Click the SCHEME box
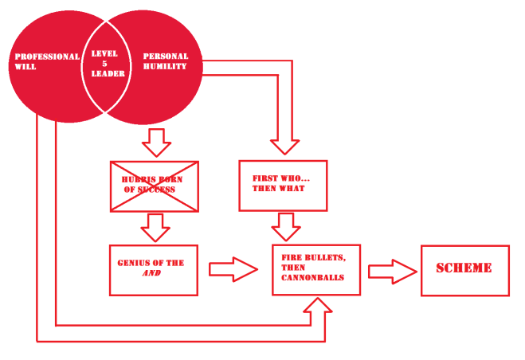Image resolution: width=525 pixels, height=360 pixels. click(x=464, y=270)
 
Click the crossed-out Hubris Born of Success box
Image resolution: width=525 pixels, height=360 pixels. click(x=154, y=186)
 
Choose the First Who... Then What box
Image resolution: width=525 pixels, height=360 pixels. click(x=284, y=186)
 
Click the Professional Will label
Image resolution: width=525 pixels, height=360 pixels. click(x=47, y=62)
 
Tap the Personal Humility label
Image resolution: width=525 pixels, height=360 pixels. click(x=166, y=62)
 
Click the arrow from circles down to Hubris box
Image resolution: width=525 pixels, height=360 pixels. click(x=156, y=142)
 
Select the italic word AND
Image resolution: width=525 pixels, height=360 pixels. click(x=152, y=273)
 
